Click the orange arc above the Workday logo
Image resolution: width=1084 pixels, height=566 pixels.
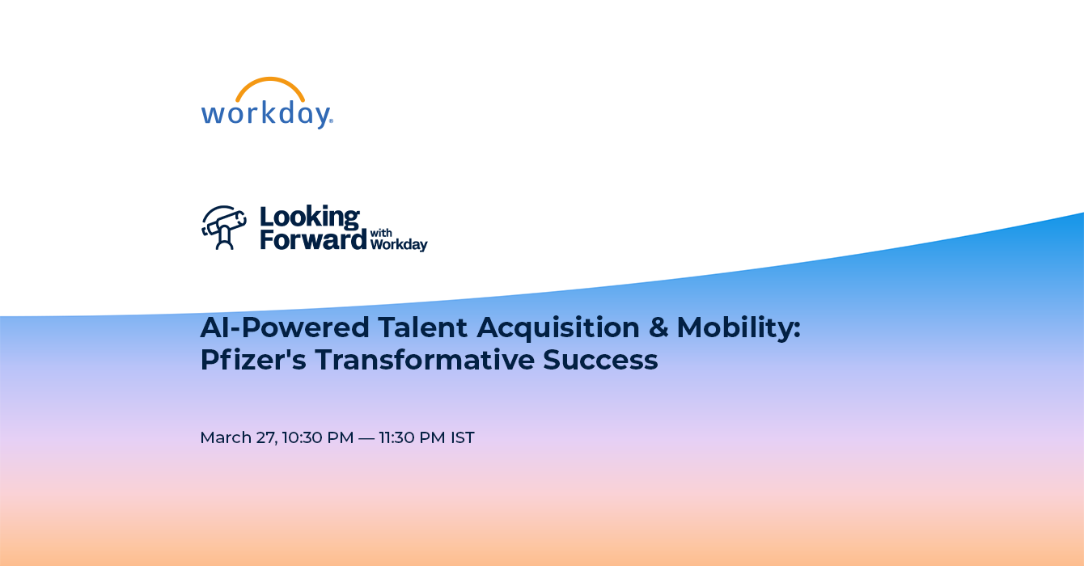coord(270,80)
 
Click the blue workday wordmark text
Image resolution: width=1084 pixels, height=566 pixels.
coord(267,115)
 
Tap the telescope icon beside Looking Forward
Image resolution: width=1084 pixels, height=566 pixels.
coord(224,227)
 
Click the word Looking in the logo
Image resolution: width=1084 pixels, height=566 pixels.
coord(310,218)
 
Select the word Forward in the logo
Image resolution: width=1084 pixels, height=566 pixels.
coord(313,239)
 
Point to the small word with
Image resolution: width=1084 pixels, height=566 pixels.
coord(381,233)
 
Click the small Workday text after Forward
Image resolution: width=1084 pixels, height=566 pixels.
coord(399,244)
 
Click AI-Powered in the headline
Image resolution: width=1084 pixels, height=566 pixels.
coord(285,327)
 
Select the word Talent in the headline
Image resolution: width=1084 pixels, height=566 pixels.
coord(422,327)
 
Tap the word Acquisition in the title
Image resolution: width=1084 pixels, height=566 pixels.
coord(558,328)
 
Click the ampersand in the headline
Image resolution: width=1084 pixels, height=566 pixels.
coord(658,327)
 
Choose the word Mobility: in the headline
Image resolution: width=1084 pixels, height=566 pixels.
coord(739,328)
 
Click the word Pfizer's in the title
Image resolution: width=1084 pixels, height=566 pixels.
coord(253,360)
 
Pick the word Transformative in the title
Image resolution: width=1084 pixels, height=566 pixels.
coord(425,360)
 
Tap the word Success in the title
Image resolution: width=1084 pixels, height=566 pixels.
coord(600,360)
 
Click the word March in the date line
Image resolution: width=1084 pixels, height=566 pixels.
coord(226,437)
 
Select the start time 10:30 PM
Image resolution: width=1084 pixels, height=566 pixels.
coord(317,437)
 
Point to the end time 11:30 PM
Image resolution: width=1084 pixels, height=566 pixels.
coord(412,437)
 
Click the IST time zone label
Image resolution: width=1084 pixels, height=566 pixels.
coord(463,437)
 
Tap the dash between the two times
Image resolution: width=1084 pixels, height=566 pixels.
coord(366,437)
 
